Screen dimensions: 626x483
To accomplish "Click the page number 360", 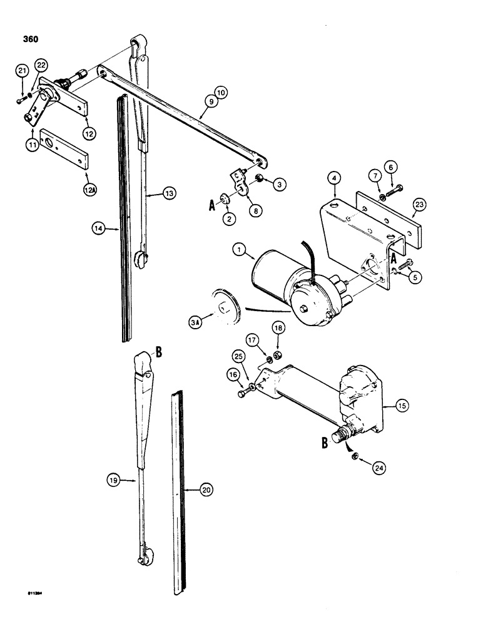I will click(29, 39).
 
